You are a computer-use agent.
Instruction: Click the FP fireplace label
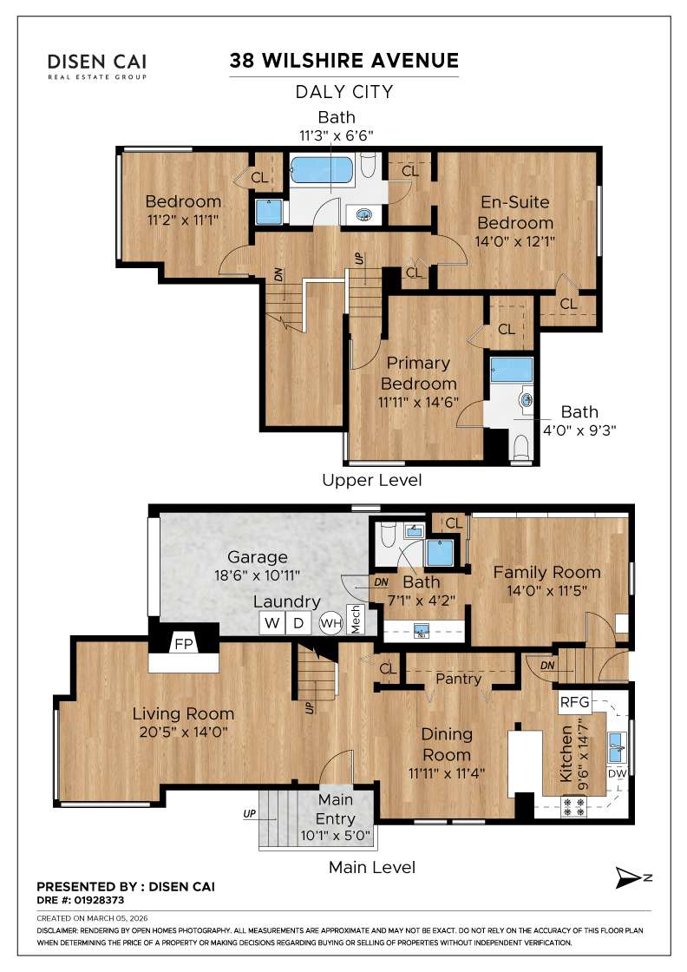(x=183, y=645)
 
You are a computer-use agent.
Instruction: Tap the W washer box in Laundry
(x=272, y=622)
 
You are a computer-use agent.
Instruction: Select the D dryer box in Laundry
(x=298, y=622)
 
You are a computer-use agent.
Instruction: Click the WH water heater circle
(x=330, y=622)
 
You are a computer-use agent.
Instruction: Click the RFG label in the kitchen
(x=574, y=701)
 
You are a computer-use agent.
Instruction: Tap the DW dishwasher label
(x=617, y=773)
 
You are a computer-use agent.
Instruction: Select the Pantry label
(x=458, y=679)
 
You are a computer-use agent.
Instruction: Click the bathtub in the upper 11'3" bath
(x=322, y=171)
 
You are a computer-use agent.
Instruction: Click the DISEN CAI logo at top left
(x=96, y=64)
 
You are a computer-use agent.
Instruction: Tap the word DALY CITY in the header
(x=344, y=91)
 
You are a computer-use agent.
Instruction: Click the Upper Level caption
(x=371, y=480)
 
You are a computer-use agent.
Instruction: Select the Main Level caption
(x=371, y=867)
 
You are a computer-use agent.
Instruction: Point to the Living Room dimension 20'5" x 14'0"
(x=183, y=732)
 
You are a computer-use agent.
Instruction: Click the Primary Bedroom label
(x=418, y=373)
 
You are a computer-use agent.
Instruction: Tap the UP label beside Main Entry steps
(x=248, y=815)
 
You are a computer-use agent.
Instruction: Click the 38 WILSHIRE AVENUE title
(x=343, y=61)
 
